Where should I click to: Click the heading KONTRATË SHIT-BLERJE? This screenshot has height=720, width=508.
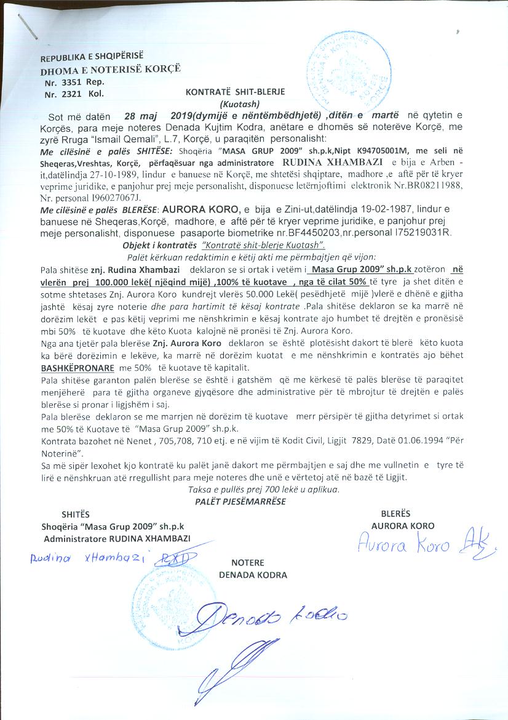(239, 92)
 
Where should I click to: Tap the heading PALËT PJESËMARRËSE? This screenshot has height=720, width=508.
(240, 501)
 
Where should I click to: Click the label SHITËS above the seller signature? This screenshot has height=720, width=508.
(75, 514)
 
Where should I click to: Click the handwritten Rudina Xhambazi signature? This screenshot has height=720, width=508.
(101, 559)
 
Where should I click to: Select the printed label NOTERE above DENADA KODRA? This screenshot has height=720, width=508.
(247, 563)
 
